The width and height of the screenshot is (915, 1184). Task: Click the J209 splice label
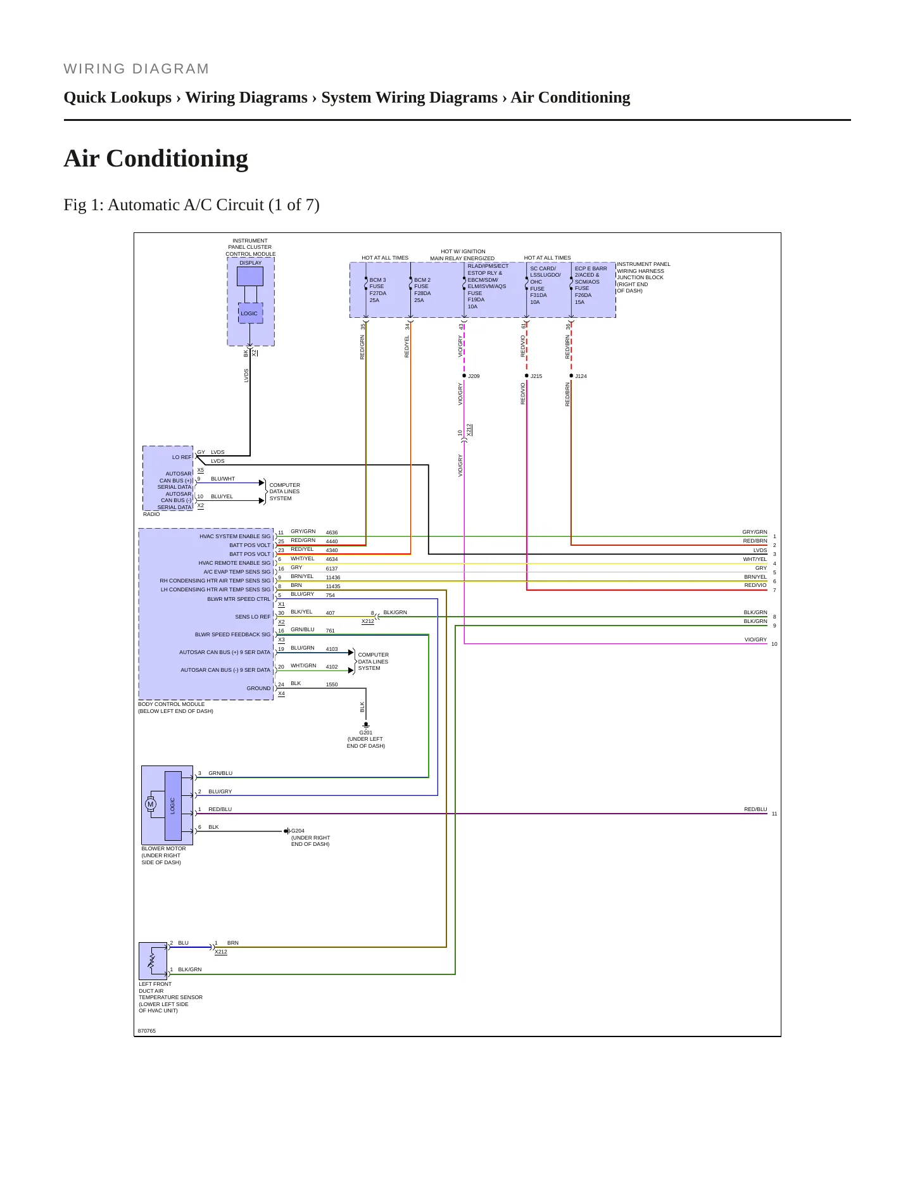coord(474,376)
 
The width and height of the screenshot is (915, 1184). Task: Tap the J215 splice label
coord(536,376)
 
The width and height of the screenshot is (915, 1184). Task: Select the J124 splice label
coord(581,376)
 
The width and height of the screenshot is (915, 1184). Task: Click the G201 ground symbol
coord(366,725)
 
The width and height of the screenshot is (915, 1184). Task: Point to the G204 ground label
coord(298,831)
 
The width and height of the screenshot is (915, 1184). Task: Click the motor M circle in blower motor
coord(150,805)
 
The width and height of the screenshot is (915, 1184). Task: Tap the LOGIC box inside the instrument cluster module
coord(249,313)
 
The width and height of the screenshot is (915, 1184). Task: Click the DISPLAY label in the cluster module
coord(251,263)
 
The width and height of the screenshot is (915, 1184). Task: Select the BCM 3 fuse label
coord(377,280)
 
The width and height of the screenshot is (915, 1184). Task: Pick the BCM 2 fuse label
coord(422,280)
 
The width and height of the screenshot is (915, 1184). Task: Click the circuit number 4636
coord(332,532)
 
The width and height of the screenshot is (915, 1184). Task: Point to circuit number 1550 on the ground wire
coord(332,684)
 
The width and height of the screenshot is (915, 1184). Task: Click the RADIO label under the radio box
coord(151,514)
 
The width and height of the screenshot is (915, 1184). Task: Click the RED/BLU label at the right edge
coord(755,809)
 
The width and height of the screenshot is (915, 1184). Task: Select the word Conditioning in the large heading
coord(177,159)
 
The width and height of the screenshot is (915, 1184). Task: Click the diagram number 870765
coord(147,1031)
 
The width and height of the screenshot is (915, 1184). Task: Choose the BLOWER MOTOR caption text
coord(163,848)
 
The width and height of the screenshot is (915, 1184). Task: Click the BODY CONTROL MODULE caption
coord(172,704)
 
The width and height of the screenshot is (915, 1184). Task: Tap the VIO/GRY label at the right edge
coord(755,639)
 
